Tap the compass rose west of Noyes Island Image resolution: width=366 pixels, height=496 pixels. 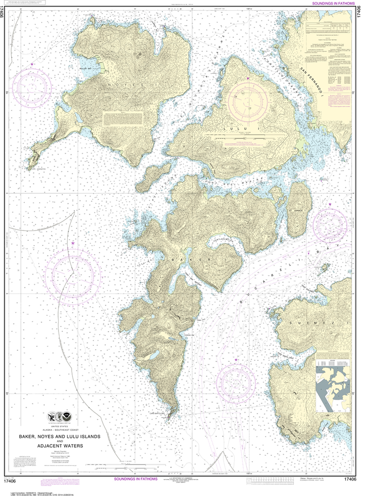tap(32, 88)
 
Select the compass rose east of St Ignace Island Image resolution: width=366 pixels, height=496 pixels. tap(330, 226)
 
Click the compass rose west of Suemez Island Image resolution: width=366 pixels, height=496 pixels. tap(236, 384)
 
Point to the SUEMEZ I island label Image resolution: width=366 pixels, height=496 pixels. tap(310, 322)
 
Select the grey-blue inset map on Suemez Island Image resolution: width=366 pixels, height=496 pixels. tap(333, 388)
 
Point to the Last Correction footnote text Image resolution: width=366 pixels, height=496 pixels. tap(29, 486)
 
